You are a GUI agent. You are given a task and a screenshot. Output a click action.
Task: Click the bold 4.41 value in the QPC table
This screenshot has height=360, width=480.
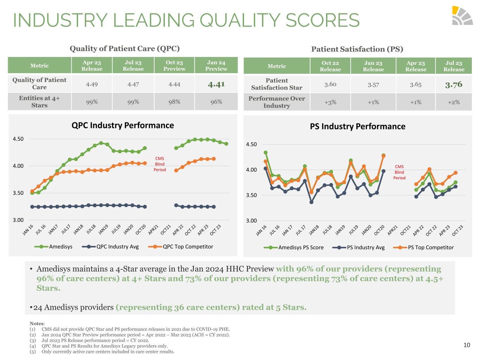(x=216, y=84)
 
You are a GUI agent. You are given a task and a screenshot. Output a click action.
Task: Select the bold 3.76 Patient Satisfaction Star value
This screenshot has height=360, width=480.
(x=454, y=84)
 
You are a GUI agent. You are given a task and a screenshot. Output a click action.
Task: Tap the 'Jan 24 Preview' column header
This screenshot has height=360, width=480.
(x=216, y=66)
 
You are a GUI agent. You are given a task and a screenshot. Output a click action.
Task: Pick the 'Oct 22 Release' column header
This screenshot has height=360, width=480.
(x=330, y=66)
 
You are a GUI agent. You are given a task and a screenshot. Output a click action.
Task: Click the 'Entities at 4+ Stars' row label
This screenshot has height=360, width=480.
(x=39, y=102)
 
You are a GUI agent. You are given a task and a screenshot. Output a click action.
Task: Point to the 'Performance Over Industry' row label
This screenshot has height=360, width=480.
(x=276, y=102)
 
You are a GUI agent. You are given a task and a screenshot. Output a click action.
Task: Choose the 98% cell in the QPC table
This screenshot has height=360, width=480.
(x=174, y=102)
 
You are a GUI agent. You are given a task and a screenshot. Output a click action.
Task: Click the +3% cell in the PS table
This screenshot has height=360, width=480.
(x=330, y=102)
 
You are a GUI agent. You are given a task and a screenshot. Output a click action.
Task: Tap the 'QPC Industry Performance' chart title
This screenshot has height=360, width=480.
(x=123, y=126)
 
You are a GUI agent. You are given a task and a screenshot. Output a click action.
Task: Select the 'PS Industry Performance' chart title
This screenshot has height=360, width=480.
(x=357, y=127)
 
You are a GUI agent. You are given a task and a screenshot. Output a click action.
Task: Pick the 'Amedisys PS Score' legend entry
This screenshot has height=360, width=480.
(x=295, y=247)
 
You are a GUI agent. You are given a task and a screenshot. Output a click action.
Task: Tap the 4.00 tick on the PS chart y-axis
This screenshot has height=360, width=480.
(x=251, y=170)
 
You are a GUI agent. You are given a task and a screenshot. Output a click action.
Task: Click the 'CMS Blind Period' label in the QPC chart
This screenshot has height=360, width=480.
(x=160, y=164)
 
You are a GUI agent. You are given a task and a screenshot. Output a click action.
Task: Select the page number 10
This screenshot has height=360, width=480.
(x=467, y=345)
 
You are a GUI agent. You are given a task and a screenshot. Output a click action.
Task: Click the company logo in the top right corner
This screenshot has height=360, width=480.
(x=462, y=15)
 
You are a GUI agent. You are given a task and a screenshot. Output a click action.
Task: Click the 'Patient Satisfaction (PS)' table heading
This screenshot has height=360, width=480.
(x=357, y=49)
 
